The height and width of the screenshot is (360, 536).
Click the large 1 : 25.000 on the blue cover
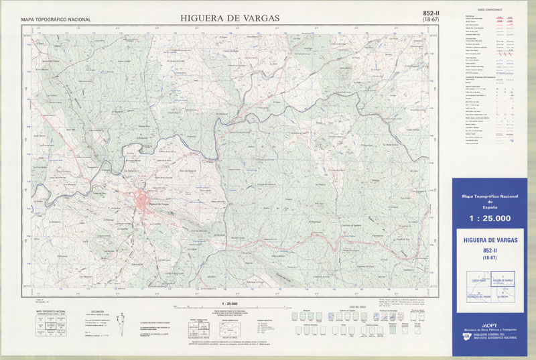tap(490, 219)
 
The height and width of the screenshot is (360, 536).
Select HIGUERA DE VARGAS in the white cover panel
tap(490, 239)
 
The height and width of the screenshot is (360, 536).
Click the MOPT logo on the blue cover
tap(490, 322)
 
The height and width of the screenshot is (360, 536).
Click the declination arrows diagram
tap(121, 320)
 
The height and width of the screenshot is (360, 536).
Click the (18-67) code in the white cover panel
tap(490, 257)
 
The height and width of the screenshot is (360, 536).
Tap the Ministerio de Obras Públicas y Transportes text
tap(490, 330)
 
